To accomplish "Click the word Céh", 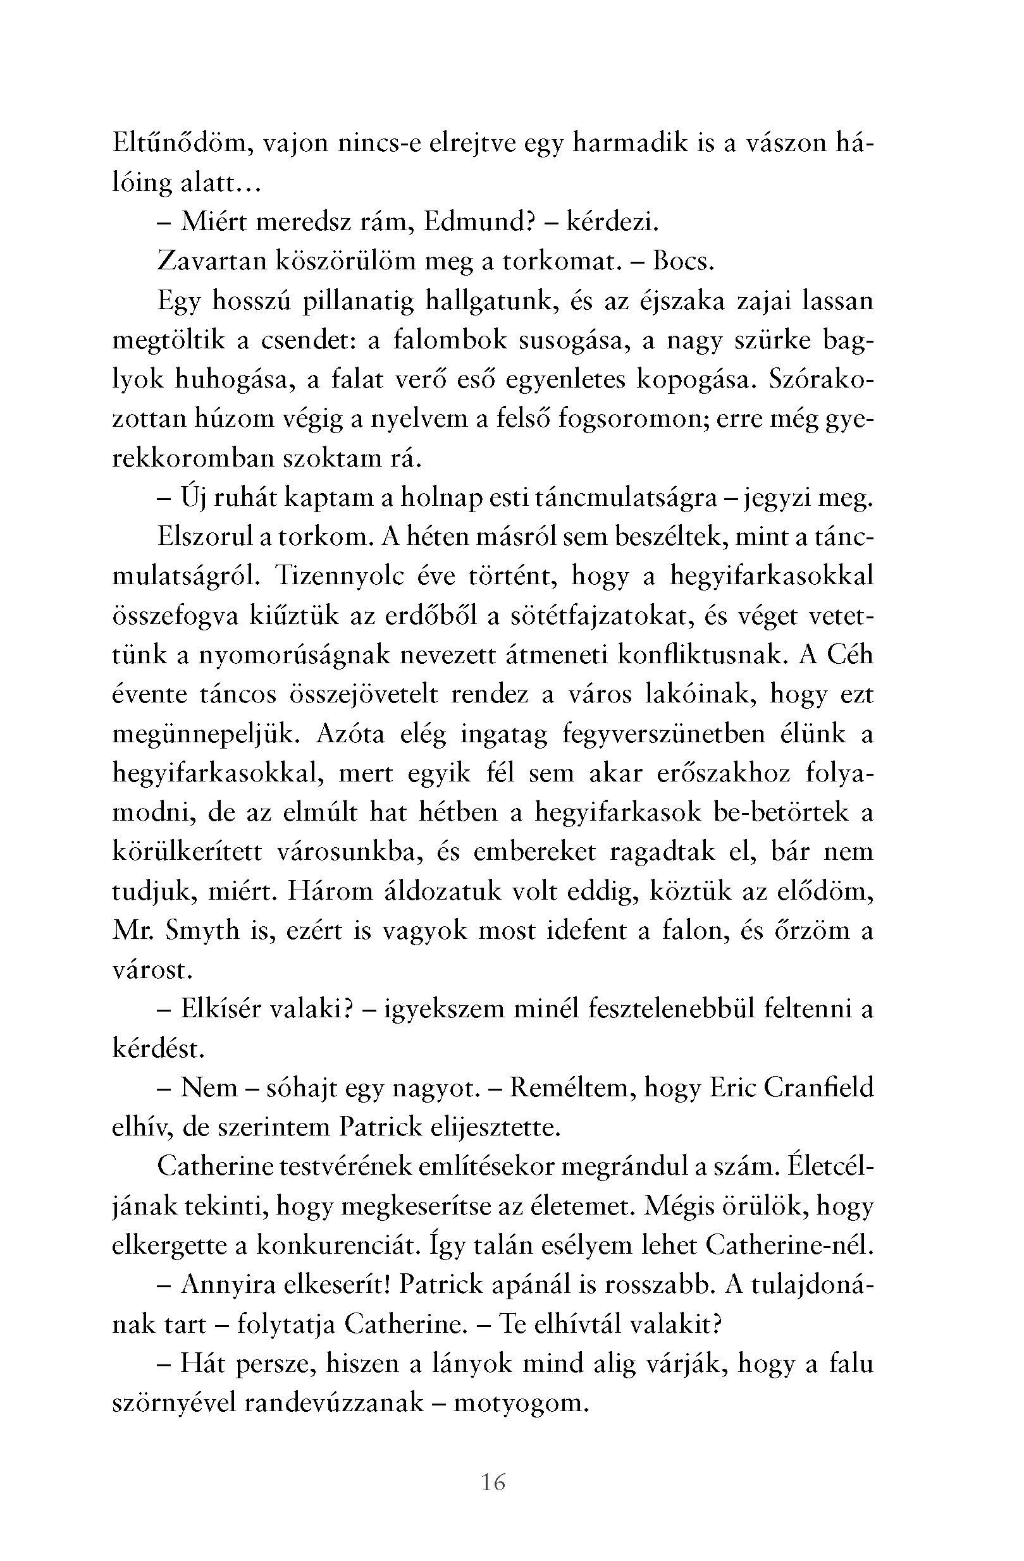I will [x=851, y=656].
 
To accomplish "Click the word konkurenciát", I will [x=331, y=1246].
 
